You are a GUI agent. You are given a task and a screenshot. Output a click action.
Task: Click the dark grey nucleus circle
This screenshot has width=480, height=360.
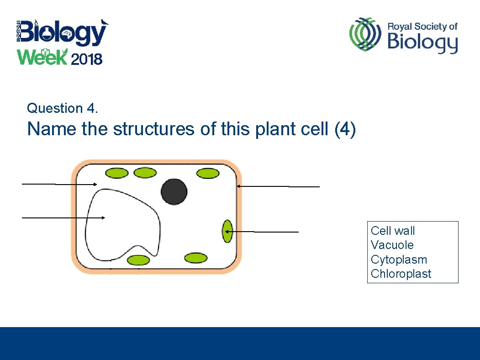(x=174, y=191)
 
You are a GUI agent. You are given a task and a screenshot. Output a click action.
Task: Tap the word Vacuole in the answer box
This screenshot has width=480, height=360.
(x=392, y=245)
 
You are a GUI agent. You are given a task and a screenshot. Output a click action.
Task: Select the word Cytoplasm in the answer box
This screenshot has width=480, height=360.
(x=399, y=259)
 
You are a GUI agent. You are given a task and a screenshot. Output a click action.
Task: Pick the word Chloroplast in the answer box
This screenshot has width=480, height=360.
(x=401, y=274)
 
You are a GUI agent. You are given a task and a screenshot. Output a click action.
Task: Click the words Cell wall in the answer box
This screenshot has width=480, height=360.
(x=392, y=231)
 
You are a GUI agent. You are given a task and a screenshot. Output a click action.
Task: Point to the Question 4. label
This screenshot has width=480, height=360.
(x=63, y=108)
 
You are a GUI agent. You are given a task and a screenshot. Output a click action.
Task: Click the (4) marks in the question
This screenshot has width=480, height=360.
(x=345, y=129)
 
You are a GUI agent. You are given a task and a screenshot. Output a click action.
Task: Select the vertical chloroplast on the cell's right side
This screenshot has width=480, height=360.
(x=227, y=231)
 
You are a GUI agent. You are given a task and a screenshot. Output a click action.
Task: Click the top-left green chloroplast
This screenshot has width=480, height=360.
(x=117, y=173)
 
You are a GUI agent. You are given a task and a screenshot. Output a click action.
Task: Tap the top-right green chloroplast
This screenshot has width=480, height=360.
(x=208, y=173)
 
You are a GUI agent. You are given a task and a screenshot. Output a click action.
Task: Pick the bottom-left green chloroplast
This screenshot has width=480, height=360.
(x=138, y=260)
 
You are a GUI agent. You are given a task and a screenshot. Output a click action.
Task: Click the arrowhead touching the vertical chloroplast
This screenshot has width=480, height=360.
(x=226, y=232)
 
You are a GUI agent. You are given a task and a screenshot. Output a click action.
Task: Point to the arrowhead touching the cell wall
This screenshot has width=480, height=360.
(x=238, y=186)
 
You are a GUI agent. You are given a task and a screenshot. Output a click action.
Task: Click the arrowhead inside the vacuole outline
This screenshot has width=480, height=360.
(x=104, y=218)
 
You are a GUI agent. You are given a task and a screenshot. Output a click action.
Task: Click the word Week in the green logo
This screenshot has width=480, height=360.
(x=42, y=58)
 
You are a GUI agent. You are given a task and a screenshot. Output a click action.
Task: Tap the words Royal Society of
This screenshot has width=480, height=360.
(x=422, y=26)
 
